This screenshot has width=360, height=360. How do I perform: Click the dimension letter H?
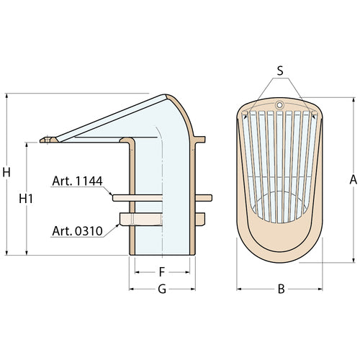tap(6, 172)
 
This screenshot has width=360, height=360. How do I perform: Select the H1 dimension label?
tap(26, 199)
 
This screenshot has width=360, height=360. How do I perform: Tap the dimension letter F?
tap(162, 272)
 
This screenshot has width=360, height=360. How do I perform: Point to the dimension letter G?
tap(162, 289)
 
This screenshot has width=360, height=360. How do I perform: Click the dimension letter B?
tap(282, 289)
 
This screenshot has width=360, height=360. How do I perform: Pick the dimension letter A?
tap(354, 180)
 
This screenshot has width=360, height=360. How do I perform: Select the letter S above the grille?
tap(280, 71)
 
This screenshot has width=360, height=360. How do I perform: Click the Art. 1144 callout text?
tap(77, 181)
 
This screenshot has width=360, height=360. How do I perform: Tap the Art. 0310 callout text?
tap(77, 231)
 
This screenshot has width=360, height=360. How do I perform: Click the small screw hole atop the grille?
tap(279, 105)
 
